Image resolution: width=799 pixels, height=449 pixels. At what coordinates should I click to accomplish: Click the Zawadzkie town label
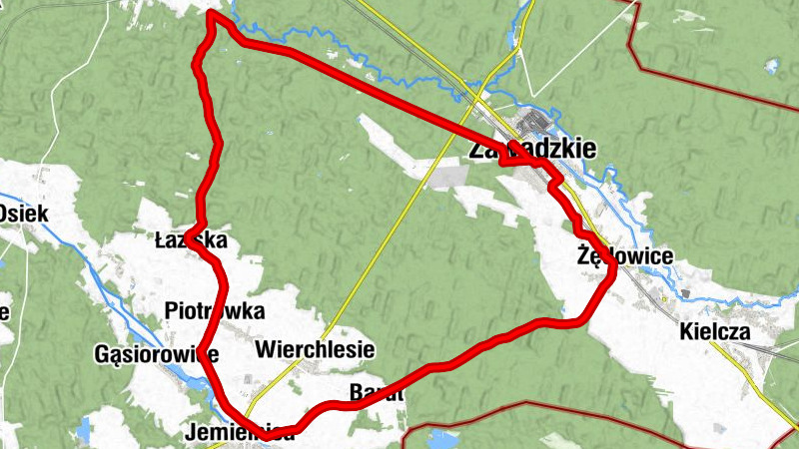pos(531,150)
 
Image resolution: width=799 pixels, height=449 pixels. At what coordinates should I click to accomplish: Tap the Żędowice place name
pos(624,256)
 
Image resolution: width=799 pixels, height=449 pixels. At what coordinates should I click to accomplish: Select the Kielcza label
pos(715,331)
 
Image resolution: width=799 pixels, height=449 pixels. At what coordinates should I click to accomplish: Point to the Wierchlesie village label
pos(315,349)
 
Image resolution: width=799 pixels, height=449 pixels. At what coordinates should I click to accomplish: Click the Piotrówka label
pos(215,309)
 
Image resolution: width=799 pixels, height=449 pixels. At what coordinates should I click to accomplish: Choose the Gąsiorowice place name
pos(155,354)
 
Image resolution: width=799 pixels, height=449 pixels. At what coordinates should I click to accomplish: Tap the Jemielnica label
pos(240,433)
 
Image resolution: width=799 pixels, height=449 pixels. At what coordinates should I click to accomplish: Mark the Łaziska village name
pos(191,240)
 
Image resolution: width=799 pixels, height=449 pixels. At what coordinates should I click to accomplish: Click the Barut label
pos(377,393)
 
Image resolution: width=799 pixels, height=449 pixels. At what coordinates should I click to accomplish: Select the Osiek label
pos(22,213)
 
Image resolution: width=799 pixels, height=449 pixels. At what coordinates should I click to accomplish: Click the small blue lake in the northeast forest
pos(771,66)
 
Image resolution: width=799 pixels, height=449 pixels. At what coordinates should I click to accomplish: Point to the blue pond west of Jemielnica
pos(86,430)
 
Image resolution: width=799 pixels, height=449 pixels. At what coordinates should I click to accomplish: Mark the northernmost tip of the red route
pos(212,14)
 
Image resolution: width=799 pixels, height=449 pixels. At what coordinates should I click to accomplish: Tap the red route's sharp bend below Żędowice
pos(610,278)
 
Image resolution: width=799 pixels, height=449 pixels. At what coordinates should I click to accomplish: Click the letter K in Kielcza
pos(686,331)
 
